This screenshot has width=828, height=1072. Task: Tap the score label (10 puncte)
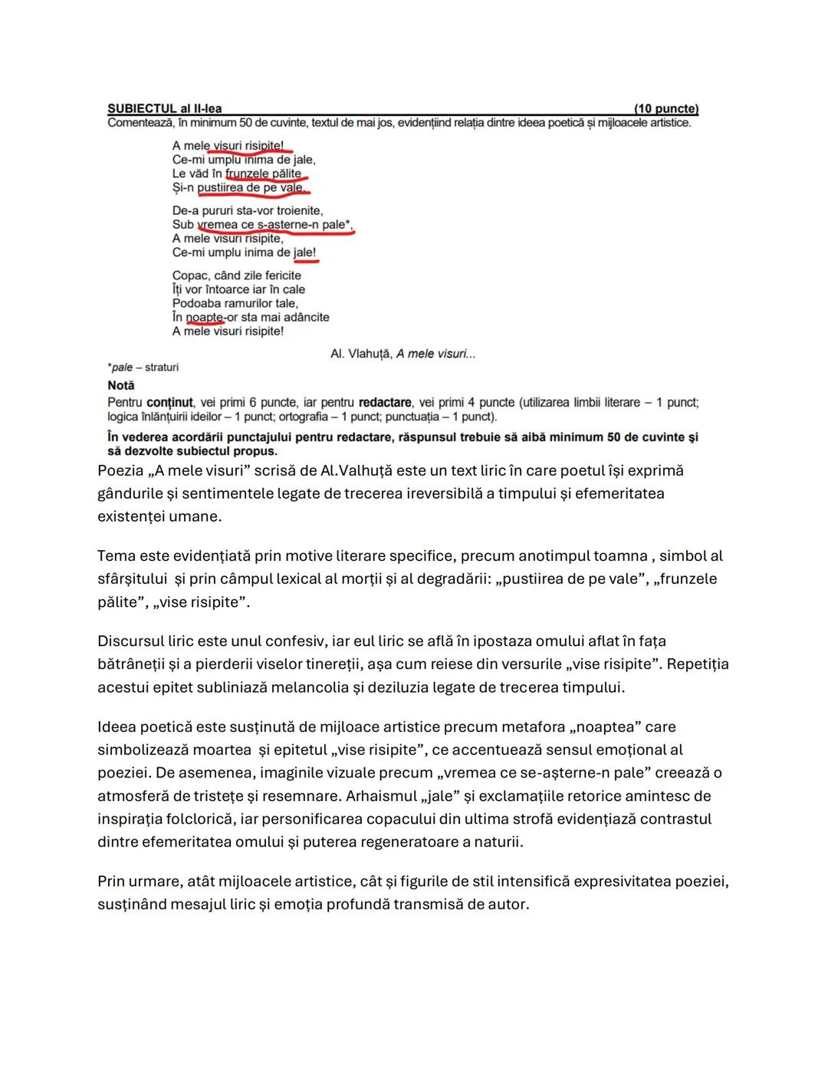pyautogui.click(x=666, y=109)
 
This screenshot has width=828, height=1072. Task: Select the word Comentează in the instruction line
pyautogui.click(x=137, y=123)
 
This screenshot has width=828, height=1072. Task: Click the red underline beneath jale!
pyautogui.click(x=306, y=261)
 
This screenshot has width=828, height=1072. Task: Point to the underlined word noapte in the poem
pyautogui.click(x=205, y=317)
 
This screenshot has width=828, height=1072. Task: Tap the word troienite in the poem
pyautogui.click(x=297, y=210)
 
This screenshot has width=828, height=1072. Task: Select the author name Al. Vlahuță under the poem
pyautogui.click(x=361, y=354)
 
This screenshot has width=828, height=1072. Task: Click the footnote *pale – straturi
pyautogui.click(x=143, y=368)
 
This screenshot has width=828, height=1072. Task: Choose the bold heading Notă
pyautogui.click(x=121, y=385)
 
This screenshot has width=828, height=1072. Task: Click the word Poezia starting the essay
pyautogui.click(x=120, y=470)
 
